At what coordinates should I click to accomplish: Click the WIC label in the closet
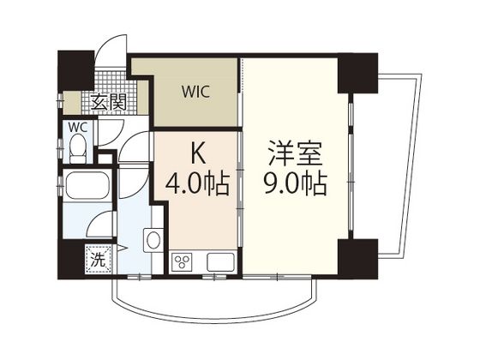pyautogui.click(x=195, y=92)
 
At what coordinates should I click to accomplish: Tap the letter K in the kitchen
pyautogui.click(x=198, y=156)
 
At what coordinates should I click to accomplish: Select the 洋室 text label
pyautogui.click(x=296, y=154)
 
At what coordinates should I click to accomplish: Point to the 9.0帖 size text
pyautogui.click(x=296, y=183)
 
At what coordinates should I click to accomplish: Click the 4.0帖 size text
pyautogui.click(x=197, y=184)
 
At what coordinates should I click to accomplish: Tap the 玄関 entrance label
pyautogui.click(x=108, y=102)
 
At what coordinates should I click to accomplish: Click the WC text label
pyautogui.click(x=78, y=128)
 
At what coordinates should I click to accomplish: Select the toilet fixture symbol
pyautogui.click(x=78, y=150)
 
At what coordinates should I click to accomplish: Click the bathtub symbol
pyautogui.click(x=87, y=185)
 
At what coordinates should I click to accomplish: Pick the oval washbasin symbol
pyautogui.click(x=153, y=240)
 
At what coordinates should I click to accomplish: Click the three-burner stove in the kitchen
pyautogui.click(x=182, y=262)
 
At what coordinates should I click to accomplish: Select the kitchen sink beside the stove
pyautogui.click(x=219, y=262)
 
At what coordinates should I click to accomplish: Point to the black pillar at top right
pyautogui.click(x=357, y=73)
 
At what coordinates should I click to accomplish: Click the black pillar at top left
pyautogui.click(x=76, y=70)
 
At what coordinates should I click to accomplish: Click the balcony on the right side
pyautogui.click(x=398, y=165)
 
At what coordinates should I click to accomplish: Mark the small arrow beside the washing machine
pyautogui.click(x=122, y=248)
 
